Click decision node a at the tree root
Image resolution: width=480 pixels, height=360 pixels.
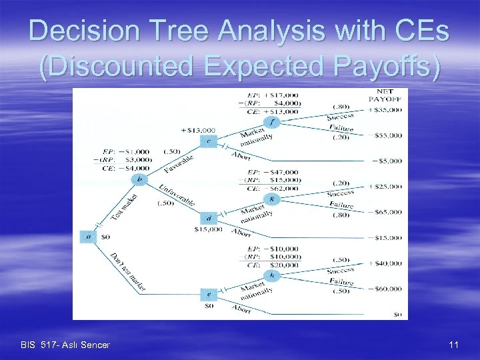coord(87,236)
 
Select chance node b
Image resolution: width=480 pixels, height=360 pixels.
coord(139,179)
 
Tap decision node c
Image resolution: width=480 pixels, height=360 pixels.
coord(209,141)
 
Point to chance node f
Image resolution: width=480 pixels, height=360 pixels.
coord(271,122)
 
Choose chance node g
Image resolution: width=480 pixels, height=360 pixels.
coord(271,199)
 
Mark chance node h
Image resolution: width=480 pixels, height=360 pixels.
coord(271,275)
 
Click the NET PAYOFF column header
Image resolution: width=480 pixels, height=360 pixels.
coord(385,95)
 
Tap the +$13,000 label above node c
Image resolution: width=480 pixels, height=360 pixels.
coord(198,130)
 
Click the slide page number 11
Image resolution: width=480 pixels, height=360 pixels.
coord(453,345)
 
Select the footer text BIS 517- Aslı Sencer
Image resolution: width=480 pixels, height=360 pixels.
coord(65,345)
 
